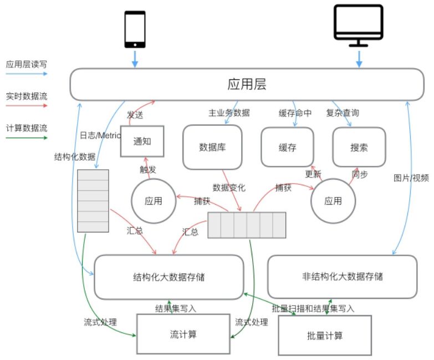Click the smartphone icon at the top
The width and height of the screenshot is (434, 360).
click(x=135, y=29)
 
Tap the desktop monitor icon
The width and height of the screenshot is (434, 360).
click(x=358, y=25)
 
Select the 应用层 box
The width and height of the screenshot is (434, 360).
click(x=247, y=84)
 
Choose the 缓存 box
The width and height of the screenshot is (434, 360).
click(x=287, y=148)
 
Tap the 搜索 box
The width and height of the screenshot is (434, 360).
click(x=359, y=148)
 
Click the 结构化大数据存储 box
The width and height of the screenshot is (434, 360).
click(x=169, y=277)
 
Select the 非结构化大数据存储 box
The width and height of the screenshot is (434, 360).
click(x=342, y=276)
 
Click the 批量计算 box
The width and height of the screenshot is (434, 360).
click(x=324, y=336)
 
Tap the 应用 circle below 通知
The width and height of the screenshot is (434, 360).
click(x=154, y=201)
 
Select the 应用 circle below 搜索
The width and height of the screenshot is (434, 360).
click(x=333, y=201)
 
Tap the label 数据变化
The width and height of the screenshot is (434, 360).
click(x=229, y=187)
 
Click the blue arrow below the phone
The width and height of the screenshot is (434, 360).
click(x=135, y=59)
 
